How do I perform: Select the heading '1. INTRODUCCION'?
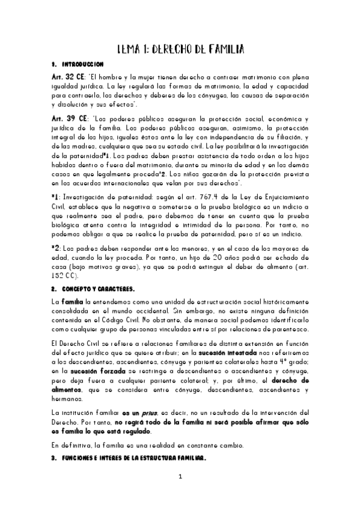78,64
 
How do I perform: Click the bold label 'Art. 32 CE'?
67,78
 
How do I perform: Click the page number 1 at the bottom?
180,494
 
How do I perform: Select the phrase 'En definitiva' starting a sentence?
70,445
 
